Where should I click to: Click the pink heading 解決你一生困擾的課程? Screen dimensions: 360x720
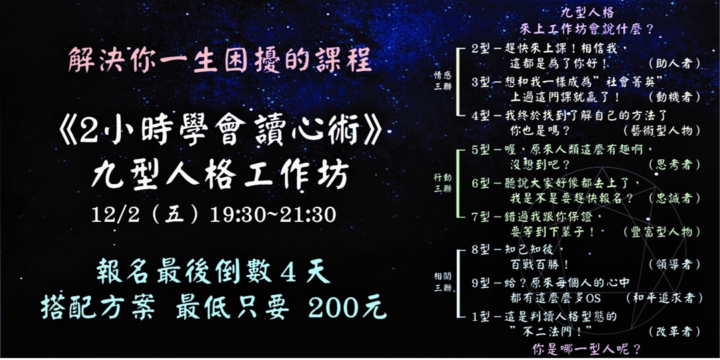click(219, 62)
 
